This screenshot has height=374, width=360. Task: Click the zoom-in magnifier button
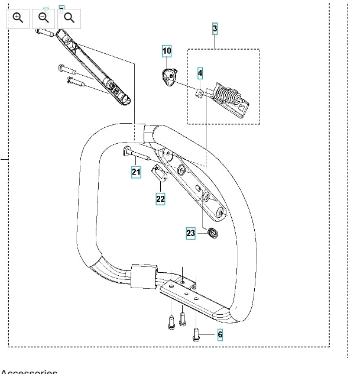coord(18,18)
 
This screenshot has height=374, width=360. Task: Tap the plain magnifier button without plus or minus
coord(69,18)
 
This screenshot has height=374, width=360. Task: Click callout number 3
coord(215,28)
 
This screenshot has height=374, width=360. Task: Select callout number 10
coord(167,51)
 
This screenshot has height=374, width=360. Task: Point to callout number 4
coord(200,73)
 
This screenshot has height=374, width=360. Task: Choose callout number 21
coord(136,172)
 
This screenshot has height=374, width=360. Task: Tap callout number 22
coord(160,199)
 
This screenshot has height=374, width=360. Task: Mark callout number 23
coord(190,233)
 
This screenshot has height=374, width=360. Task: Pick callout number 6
coord(220,335)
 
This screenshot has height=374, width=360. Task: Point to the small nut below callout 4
coord(200,92)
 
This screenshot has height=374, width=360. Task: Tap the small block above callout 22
coord(160,174)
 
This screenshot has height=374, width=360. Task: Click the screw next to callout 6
coord(197,334)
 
